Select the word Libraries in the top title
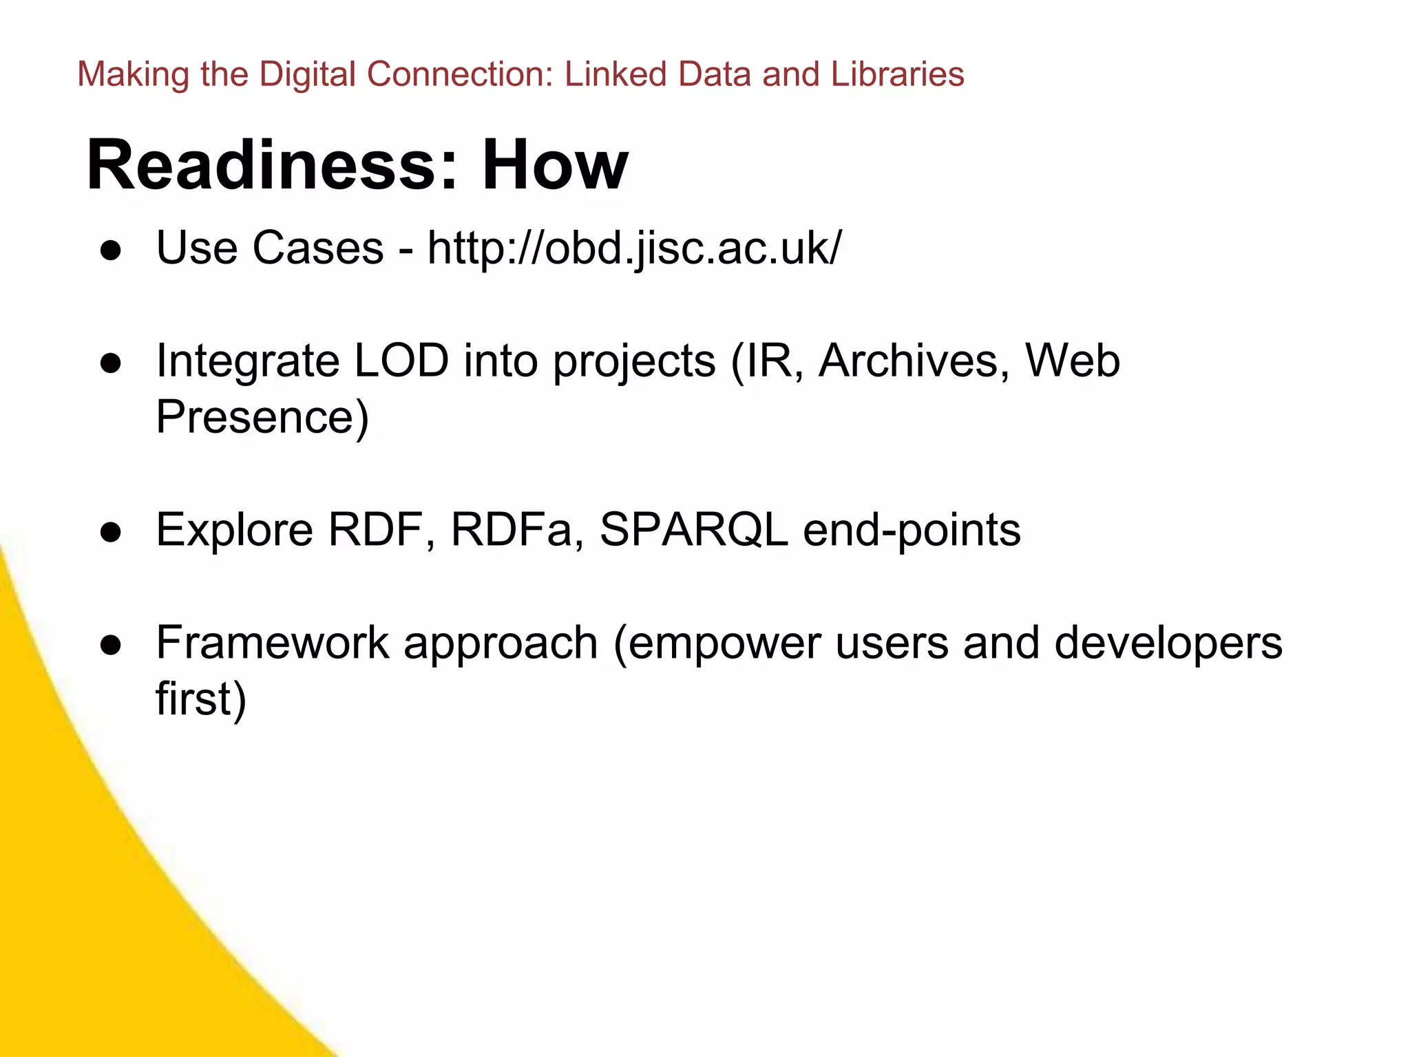[x=897, y=74]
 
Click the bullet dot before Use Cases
[x=111, y=250]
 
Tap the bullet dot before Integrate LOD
[x=111, y=363]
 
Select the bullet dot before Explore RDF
[x=111, y=532]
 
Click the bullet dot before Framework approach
[x=111, y=645]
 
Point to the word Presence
[x=262, y=417]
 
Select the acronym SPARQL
[x=694, y=530]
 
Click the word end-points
[x=912, y=530]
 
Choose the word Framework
[x=273, y=643]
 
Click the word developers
[x=1168, y=643]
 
